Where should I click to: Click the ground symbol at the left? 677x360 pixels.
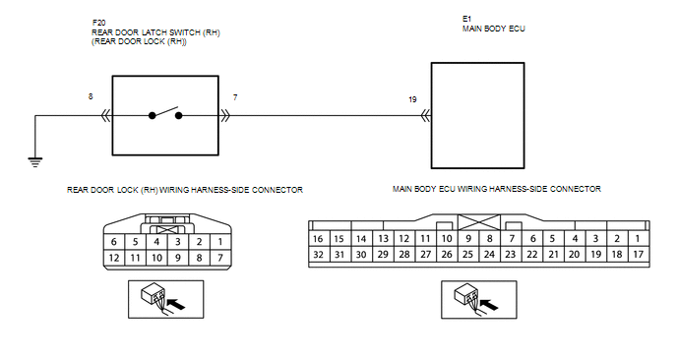(x=35, y=162)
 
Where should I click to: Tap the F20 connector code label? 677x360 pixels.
(x=98, y=23)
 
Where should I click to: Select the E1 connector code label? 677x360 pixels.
(x=466, y=19)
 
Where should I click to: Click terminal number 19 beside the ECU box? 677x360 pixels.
(x=412, y=99)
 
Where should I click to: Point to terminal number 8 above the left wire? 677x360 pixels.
(x=91, y=96)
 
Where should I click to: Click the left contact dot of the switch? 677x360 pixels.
(x=152, y=116)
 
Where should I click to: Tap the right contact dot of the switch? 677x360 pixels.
(x=179, y=116)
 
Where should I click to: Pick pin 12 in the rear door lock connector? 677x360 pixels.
(x=114, y=258)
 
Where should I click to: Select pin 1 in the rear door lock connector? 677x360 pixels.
(x=220, y=242)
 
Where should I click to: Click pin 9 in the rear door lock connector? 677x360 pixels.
(x=178, y=258)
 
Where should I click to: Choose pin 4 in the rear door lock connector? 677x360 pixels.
(x=156, y=242)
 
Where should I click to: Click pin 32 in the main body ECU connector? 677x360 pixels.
(x=318, y=255)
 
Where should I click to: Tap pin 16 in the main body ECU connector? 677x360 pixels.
(x=318, y=239)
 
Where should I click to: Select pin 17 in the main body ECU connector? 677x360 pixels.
(x=639, y=255)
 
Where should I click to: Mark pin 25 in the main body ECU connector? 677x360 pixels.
(x=468, y=255)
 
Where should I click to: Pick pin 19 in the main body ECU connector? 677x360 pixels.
(x=596, y=255)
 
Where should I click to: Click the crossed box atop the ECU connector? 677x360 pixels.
(x=479, y=222)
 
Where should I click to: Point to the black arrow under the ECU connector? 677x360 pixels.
(x=490, y=305)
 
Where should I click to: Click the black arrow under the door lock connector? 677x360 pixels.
(x=176, y=304)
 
